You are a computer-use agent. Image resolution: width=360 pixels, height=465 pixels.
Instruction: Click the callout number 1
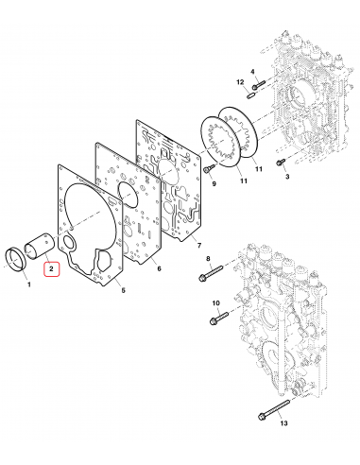pyautogui.click(x=29, y=284)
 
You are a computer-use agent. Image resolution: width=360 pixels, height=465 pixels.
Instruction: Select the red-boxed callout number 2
pyautogui.click(x=51, y=269)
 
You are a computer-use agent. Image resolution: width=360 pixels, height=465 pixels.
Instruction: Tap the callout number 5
pyautogui.click(x=123, y=290)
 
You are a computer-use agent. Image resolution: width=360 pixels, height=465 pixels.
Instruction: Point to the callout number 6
pyautogui.click(x=159, y=268)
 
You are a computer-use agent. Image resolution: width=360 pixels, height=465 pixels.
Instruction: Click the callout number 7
pyautogui.click(x=199, y=245)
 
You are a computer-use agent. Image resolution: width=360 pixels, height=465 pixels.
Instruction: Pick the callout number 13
pyautogui.click(x=283, y=422)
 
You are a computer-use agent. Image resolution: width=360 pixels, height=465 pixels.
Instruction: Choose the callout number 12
pyautogui.click(x=240, y=82)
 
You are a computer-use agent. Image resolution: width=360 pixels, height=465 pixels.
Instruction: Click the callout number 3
pyautogui.click(x=287, y=177)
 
